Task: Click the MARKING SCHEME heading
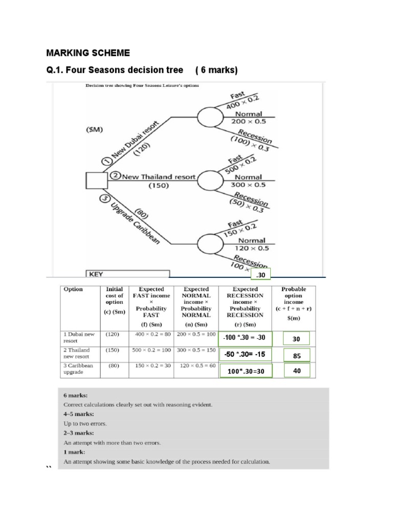(x=88, y=53)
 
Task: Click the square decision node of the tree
(x=97, y=181)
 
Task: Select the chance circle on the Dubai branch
(x=211, y=118)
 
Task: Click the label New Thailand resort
(x=154, y=177)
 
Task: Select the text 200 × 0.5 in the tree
(x=247, y=122)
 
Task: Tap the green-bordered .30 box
(x=260, y=275)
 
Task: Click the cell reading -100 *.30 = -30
(x=246, y=339)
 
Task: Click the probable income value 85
(x=296, y=355)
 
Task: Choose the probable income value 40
(x=296, y=370)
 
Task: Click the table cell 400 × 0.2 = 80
(x=152, y=334)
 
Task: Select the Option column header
(x=74, y=289)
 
